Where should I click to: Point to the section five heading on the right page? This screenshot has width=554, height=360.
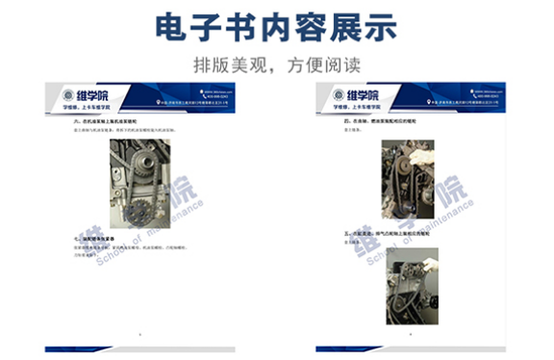point(383,233)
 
